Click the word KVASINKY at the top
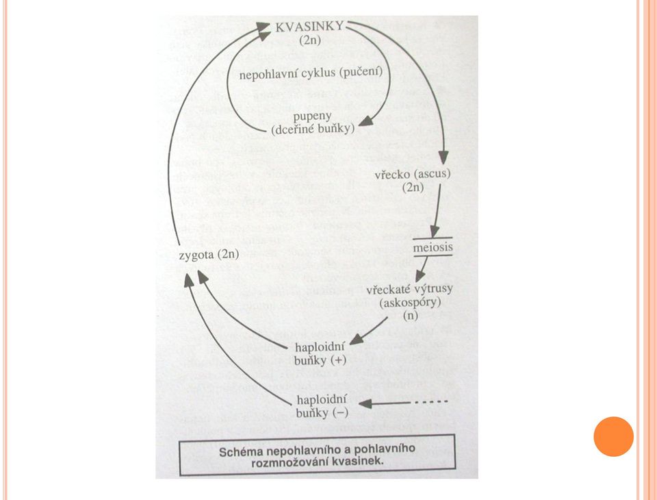click(x=309, y=27)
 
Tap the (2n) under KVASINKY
click(x=310, y=40)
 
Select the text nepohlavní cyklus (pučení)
click(x=311, y=73)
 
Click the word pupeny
click(x=312, y=116)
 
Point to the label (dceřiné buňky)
click(x=313, y=129)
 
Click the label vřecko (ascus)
click(x=412, y=174)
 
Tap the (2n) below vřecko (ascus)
click(x=413, y=187)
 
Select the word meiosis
click(x=433, y=247)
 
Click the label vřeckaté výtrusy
click(x=409, y=289)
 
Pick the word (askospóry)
click(x=410, y=302)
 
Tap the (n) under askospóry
click(x=411, y=315)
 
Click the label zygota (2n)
click(x=209, y=255)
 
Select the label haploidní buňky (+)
click(x=320, y=353)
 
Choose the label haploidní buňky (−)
click(x=322, y=406)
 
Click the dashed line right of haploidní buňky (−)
click(x=433, y=402)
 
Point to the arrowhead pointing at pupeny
click(x=366, y=121)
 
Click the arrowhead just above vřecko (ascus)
click(x=443, y=158)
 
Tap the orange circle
click(x=613, y=436)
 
